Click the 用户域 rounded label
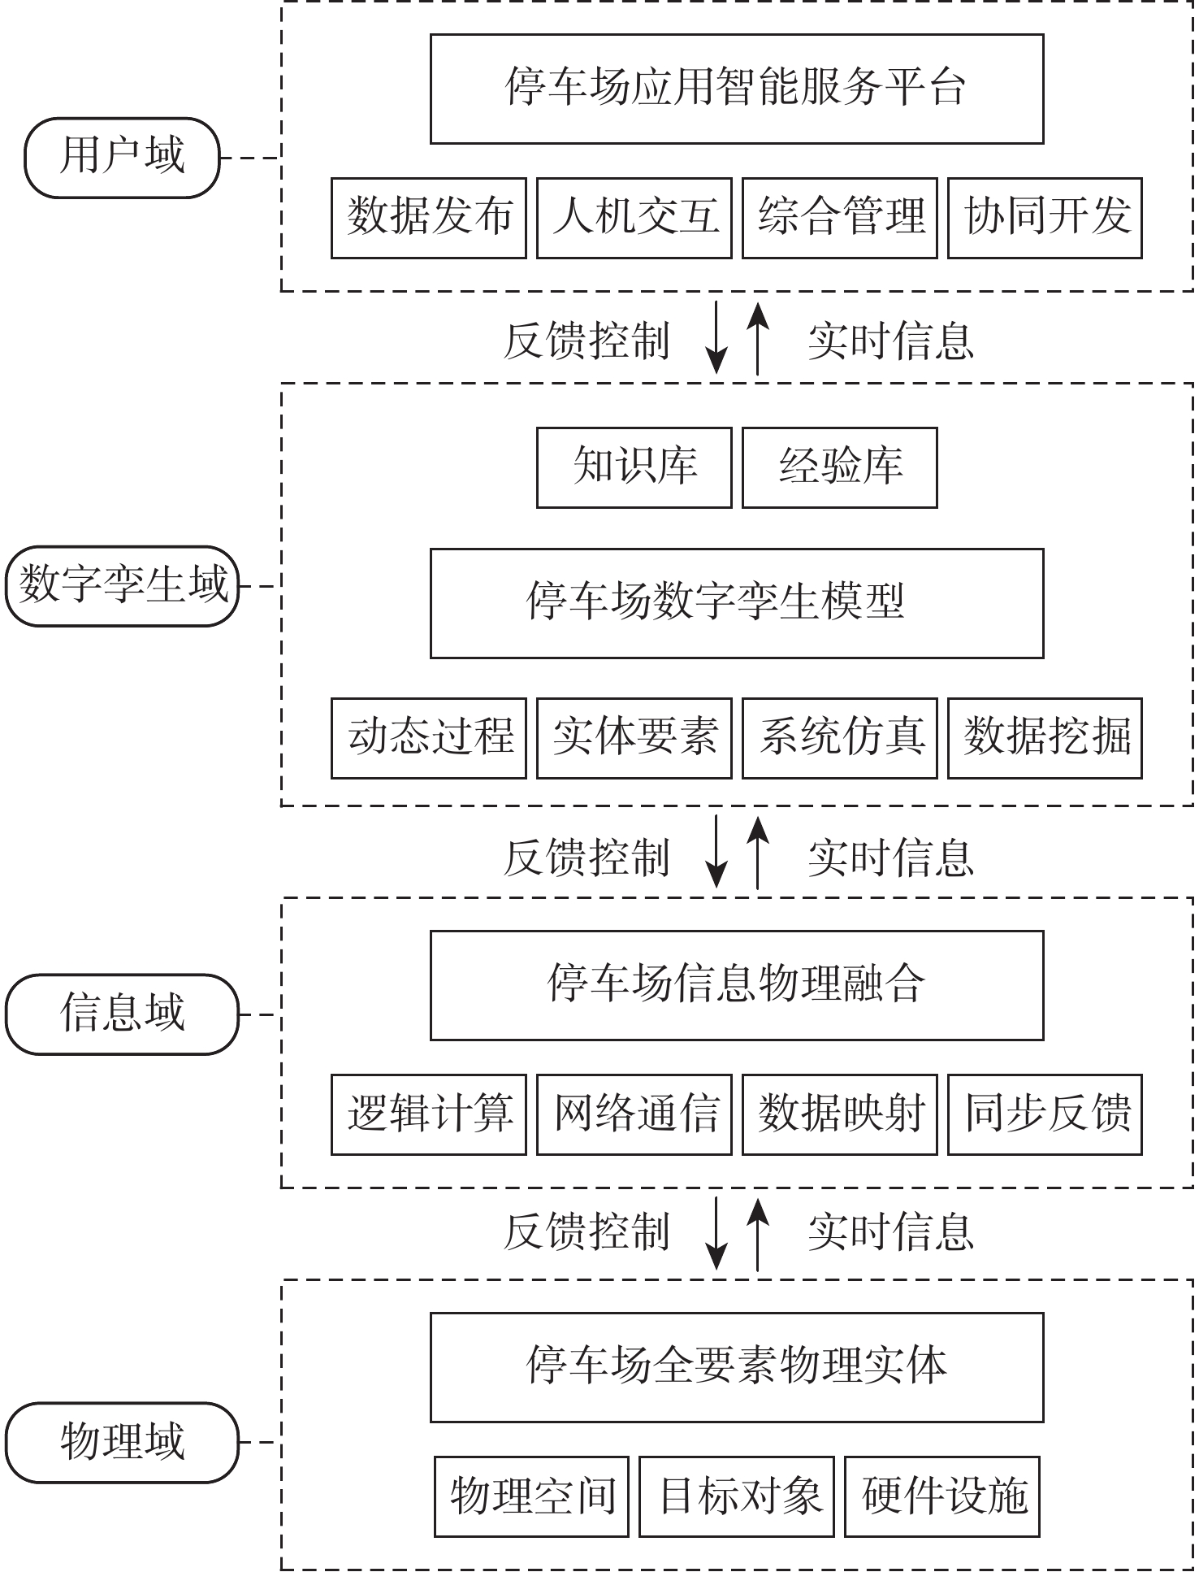[x=122, y=158]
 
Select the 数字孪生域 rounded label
[x=122, y=586]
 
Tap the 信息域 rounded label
[x=122, y=1014]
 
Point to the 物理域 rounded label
[x=122, y=1442]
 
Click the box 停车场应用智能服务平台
[x=736, y=89]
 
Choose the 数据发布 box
[x=428, y=218]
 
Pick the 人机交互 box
[x=634, y=218]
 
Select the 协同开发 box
[x=1045, y=218]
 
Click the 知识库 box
[x=634, y=467]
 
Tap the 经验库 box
[x=839, y=467]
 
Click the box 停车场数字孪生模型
[x=736, y=603]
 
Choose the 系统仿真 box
[x=839, y=738]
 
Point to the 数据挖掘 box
[x=1045, y=738]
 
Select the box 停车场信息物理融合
[x=736, y=985]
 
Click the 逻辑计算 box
[x=428, y=1114]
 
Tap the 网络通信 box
[x=634, y=1114]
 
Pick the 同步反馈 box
[x=1045, y=1114]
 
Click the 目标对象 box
[x=736, y=1496]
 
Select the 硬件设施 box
[x=941, y=1496]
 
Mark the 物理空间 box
[x=531, y=1496]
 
